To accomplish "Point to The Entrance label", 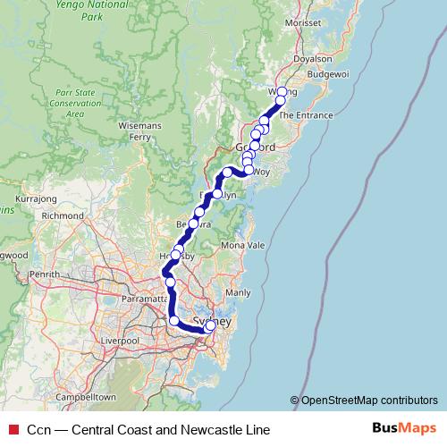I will [x=306, y=115].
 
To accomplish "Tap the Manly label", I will [x=239, y=292].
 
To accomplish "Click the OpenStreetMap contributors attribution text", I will [x=368, y=400].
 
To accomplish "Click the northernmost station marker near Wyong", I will [x=282, y=92].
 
